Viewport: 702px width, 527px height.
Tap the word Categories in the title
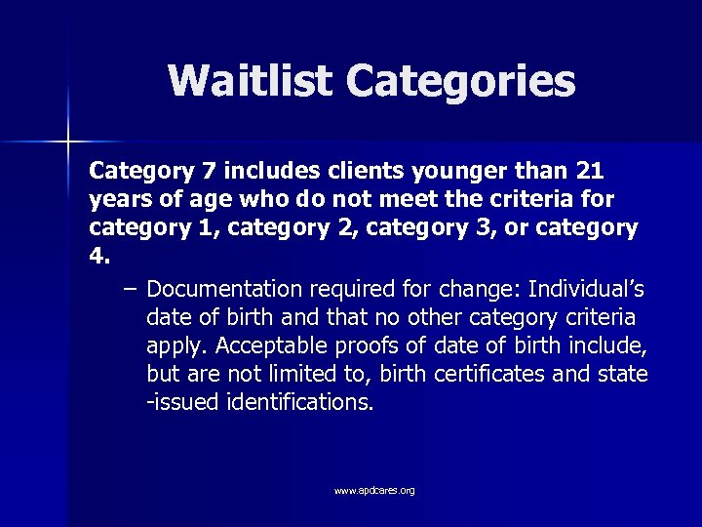[x=460, y=83]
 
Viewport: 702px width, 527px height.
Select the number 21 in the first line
[x=590, y=172]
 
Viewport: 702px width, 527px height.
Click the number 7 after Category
[x=208, y=172]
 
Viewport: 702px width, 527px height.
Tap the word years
[x=118, y=201]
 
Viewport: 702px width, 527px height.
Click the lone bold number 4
[x=97, y=258]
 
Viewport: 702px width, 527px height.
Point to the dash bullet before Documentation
[x=131, y=290]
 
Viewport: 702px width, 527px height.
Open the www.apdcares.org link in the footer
[x=374, y=490]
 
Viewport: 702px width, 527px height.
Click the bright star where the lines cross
[x=67, y=142]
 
